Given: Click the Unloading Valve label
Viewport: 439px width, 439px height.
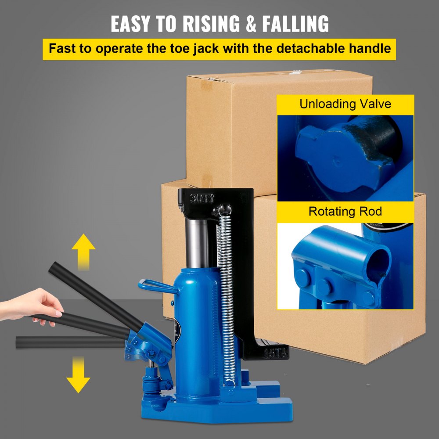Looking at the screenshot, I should coord(345,104).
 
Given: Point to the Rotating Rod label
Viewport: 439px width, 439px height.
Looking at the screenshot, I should coord(345,211).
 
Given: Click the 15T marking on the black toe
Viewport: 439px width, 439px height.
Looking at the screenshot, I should coord(275,352).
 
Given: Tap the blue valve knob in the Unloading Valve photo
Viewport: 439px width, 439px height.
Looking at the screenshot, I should coord(334,158).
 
